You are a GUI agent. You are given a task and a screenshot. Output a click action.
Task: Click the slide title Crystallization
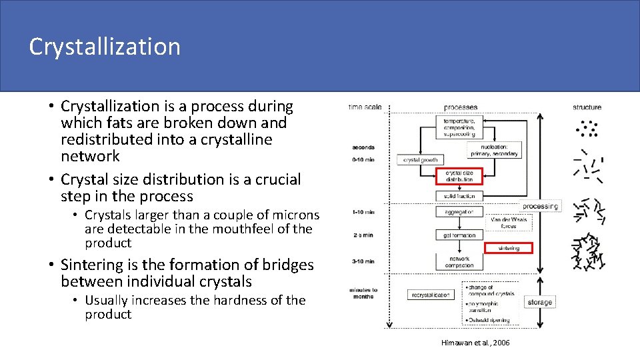[x=105, y=47]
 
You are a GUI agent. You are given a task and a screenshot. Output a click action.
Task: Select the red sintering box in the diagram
[x=509, y=247]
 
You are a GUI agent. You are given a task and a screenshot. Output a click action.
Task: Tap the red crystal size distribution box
[x=459, y=176]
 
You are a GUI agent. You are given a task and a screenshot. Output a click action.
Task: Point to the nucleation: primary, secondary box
[x=494, y=149]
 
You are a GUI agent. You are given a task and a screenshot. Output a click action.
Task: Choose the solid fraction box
[x=459, y=196]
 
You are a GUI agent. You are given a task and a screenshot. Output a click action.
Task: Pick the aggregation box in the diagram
[x=459, y=211]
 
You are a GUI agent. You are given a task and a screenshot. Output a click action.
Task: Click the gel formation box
[x=459, y=235]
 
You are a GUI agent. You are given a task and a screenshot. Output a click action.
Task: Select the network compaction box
[x=459, y=262]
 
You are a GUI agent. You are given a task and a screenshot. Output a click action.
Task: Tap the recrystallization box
[x=430, y=294]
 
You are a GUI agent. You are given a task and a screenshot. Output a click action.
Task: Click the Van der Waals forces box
[x=508, y=222]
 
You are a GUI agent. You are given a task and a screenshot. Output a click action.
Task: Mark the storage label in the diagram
[x=539, y=302]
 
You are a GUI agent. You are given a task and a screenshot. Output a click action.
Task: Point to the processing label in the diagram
[x=540, y=206]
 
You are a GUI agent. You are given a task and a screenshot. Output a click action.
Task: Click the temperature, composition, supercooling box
[x=459, y=127]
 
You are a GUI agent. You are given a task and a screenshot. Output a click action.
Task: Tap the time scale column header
[x=364, y=107]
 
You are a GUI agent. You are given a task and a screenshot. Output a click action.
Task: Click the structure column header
[x=587, y=107]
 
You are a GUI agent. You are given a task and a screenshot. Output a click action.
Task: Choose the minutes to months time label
[x=364, y=293]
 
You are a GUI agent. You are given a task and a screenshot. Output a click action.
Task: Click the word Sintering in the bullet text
[x=91, y=265]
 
